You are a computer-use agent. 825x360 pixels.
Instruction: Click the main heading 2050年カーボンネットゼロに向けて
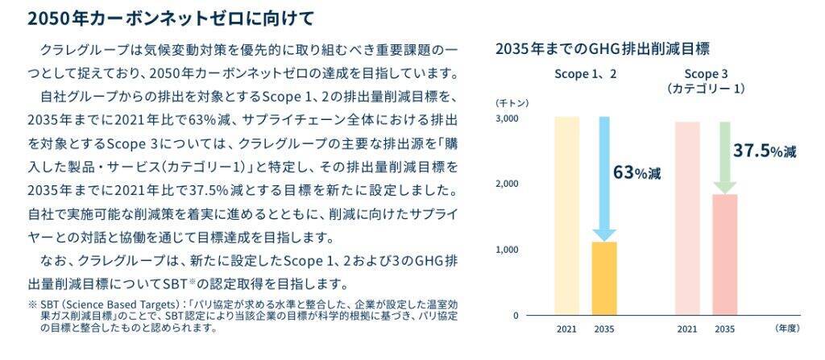tap(160, 17)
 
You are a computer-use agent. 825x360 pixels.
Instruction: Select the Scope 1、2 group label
tap(585, 74)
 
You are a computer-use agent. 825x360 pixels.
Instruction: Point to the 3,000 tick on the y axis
tap(507, 118)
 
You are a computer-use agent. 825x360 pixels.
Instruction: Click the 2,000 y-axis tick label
tap(507, 184)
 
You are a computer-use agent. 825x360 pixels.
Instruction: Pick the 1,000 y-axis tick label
tap(507, 250)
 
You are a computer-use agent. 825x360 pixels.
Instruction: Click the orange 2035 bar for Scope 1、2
tap(604, 278)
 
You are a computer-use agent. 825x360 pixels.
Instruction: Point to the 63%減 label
tap(637, 172)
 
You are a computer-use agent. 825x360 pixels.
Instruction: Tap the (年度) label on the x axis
tap(786, 329)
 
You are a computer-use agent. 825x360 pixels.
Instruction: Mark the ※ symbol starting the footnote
tap(32, 305)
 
